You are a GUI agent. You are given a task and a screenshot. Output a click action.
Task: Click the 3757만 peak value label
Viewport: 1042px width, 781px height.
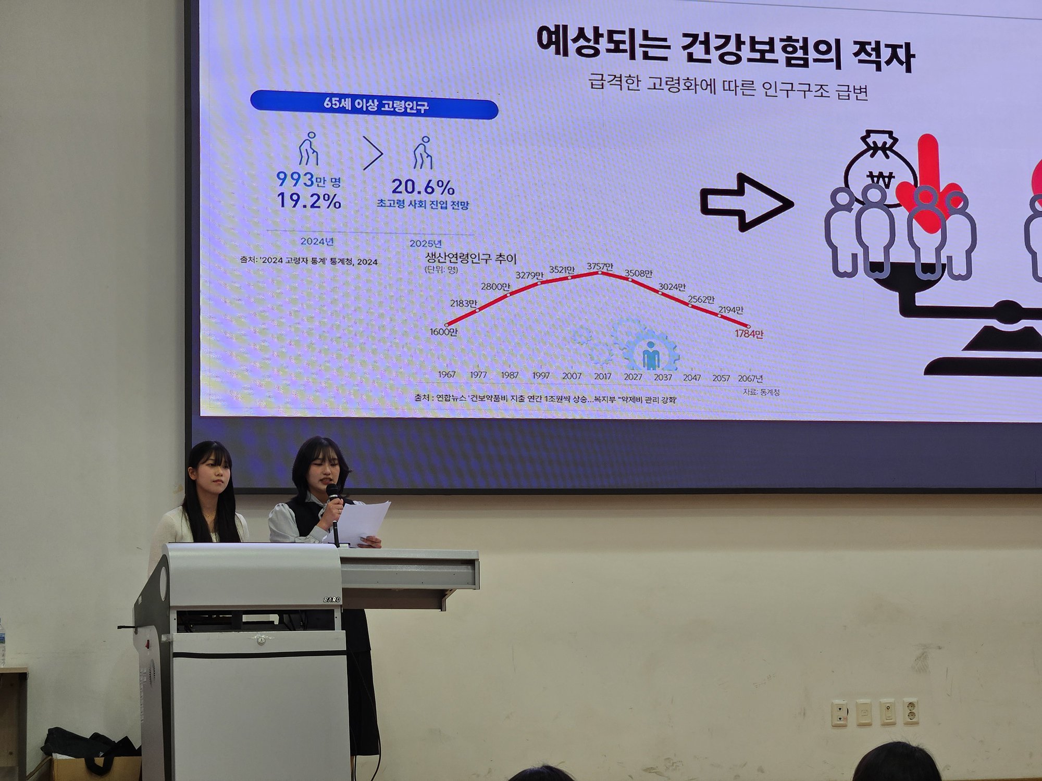[x=600, y=266]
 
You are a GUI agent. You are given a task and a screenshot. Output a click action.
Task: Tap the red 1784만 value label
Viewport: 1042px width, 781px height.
[x=749, y=333]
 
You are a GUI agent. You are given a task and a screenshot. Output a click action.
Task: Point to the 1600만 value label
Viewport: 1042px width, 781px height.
[x=443, y=332]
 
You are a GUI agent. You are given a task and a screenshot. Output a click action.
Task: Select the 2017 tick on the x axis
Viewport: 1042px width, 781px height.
[x=602, y=376]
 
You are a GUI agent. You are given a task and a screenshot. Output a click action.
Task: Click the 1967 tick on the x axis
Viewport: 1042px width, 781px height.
[x=446, y=374]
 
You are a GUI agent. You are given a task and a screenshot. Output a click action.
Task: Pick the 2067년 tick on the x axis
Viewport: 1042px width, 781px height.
[x=750, y=379]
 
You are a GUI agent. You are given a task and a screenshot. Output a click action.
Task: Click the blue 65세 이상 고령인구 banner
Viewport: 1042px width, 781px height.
[x=374, y=106]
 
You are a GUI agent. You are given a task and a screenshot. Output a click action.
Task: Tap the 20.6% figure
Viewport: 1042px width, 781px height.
[x=423, y=187]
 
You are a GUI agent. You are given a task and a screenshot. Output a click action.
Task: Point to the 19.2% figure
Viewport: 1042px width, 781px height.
[x=308, y=201]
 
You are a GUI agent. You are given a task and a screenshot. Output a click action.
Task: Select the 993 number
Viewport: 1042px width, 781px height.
[x=295, y=180]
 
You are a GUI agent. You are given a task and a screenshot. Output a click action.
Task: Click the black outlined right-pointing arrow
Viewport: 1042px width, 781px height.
[x=746, y=203]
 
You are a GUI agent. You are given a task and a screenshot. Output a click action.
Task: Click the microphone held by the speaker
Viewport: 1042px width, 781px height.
[x=332, y=492]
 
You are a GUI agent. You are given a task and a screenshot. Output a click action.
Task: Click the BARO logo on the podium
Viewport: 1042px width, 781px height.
[x=331, y=600]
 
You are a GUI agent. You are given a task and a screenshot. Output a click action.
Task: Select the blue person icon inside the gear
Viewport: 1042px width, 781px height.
[x=651, y=356]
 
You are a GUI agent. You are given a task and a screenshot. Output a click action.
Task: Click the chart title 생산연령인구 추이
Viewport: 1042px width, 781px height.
[x=470, y=258]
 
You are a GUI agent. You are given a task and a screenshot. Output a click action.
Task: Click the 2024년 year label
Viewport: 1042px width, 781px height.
[x=317, y=242]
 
